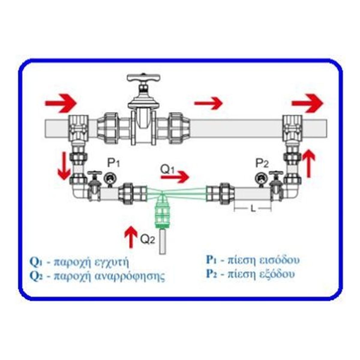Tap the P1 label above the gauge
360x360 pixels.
click(114, 163)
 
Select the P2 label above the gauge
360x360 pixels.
click(262, 163)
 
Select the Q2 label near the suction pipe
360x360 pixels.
click(148, 239)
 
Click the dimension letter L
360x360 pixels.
click(253, 208)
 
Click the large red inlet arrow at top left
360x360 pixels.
click(61, 103)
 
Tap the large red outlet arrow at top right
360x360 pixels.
click(307, 103)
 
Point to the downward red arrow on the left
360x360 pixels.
click(64, 166)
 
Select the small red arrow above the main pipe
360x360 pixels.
click(208, 103)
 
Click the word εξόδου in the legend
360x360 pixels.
click(276, 274)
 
